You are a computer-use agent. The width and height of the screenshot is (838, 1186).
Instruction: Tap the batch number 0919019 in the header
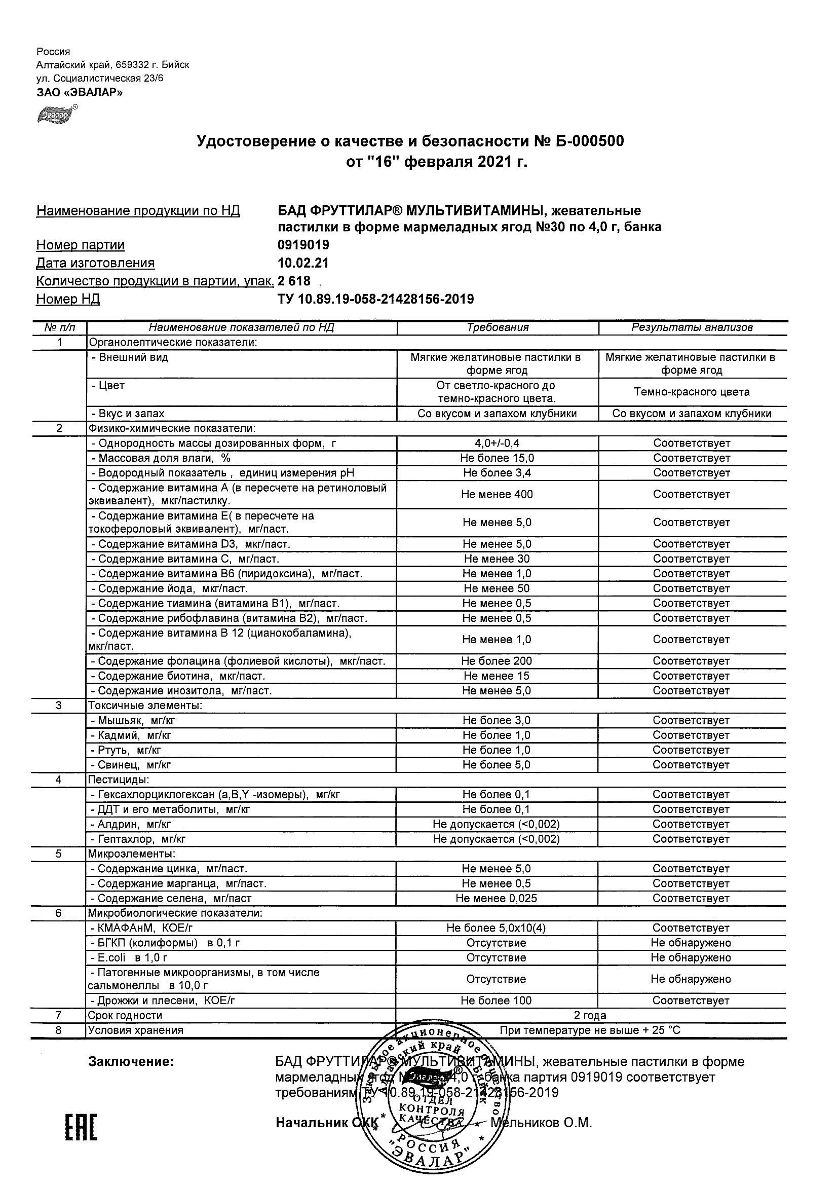pos(303,245)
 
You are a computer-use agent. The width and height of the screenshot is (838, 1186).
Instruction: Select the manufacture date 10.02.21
pos(302,263)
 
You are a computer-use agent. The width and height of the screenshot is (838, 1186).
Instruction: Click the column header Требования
pos(497,327)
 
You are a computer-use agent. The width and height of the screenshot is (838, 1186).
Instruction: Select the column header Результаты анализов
pos(692,327)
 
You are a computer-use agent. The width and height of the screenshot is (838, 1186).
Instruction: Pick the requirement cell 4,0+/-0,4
pos(497,443)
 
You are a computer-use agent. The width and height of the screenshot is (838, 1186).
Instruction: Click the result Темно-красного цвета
pos(692,392)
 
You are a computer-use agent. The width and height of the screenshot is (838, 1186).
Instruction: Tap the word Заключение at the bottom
pos(131,1062)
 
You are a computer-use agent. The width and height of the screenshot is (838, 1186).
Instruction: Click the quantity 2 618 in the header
pos(294,281)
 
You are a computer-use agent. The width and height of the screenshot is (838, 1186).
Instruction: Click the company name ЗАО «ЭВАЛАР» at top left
pos(79,92)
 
